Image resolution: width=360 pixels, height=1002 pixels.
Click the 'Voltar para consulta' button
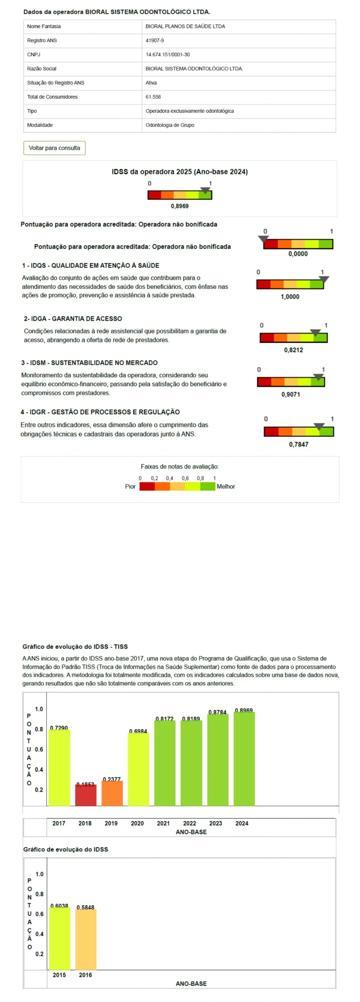coord(54,148)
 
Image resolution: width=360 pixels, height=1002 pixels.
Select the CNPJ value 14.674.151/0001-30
coord(167,54)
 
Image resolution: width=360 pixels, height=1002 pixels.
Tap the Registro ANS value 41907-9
coord(155,40)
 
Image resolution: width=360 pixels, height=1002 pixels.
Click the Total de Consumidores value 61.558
coord(153,97)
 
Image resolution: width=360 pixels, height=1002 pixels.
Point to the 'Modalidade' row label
coord(40,125)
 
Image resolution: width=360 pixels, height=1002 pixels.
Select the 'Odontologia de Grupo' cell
coord(170,125)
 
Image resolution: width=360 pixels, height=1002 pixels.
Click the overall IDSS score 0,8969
coord(180,206)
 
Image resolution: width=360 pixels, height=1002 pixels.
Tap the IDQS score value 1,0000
coord(290,297)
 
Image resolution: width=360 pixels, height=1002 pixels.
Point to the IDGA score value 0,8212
coord(293,350)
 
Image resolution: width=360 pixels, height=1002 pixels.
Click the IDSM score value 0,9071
coord(291,394)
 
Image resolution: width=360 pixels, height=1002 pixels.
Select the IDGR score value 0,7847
coord(299,444)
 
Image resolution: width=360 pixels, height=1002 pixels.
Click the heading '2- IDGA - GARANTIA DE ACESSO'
coord(73,319)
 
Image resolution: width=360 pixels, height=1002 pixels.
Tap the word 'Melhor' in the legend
coord(226,487)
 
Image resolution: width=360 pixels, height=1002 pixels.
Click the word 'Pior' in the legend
coord(130,487)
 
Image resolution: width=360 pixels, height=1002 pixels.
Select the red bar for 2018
coord(86,796)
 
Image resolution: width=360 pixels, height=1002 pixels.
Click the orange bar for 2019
coord(112,794)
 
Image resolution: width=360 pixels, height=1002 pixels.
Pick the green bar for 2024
coord(244,759)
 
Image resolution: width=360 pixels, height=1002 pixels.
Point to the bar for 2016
coord(86,939)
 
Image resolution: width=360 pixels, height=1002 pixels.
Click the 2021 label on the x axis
coord(163,824)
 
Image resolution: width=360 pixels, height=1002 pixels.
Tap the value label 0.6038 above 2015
coord(59,906)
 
